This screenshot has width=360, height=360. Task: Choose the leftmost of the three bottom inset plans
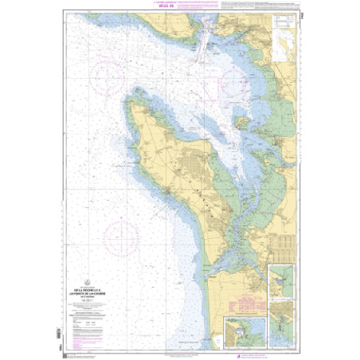[241, 331]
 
